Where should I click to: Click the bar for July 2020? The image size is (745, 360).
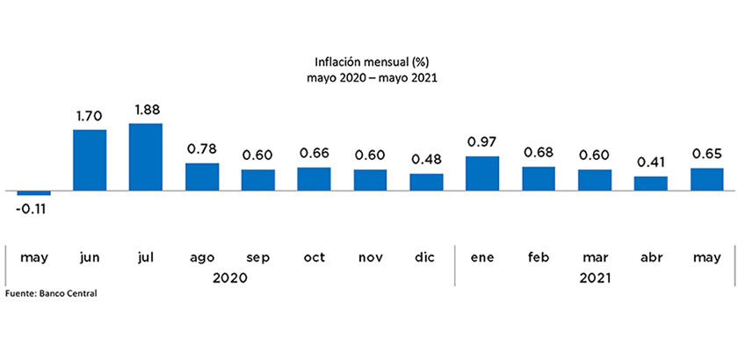(145, 157)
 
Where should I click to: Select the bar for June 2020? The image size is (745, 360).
(89, 161)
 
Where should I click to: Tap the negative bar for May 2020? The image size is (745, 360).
(33, 193)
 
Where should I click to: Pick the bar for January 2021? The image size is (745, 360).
(482, 174)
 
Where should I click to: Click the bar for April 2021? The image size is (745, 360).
(651, 184)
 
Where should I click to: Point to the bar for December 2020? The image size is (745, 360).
(426, 182)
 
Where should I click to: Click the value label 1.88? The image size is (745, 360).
(145, 110)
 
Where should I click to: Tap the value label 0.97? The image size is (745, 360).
(482, 142)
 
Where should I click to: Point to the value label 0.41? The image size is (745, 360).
(651, 162)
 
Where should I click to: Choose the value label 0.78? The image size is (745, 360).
(201, 149)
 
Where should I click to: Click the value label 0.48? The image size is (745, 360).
(426, 160)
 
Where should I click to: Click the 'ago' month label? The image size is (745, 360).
(201, 257)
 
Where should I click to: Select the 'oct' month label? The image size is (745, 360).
(314, 257)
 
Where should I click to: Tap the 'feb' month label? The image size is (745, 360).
(539, 257)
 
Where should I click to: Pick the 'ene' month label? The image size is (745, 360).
(482, 257)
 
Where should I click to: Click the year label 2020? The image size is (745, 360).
(229, 277)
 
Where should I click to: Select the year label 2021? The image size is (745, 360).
(595, 277)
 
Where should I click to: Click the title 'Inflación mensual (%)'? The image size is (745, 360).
(372, 61)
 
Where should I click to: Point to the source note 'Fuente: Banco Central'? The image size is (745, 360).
(51, 293)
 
